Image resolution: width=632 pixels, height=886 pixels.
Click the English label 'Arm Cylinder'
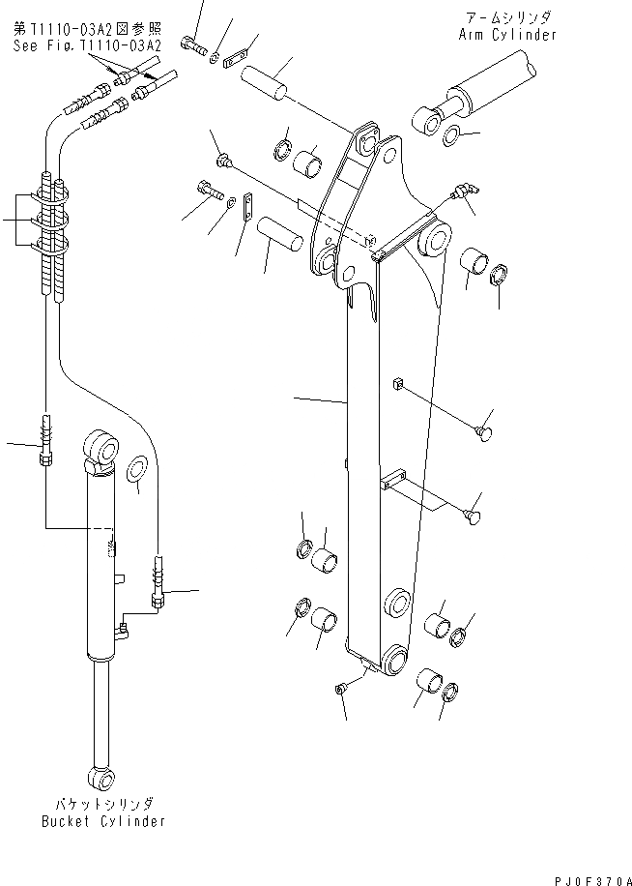(507, 35)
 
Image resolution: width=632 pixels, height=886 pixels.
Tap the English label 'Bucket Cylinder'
(102, 821)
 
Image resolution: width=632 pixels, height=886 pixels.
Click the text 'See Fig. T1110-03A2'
(87, 44)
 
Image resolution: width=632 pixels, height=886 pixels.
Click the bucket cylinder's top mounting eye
(101, 447)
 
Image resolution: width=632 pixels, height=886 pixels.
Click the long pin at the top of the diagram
(268, 80)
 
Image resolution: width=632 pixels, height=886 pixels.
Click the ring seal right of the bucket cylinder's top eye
(136, 468)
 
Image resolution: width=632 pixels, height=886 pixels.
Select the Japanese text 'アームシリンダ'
(507, 18)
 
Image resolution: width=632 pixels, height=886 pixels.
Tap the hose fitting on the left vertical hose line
(45, 440)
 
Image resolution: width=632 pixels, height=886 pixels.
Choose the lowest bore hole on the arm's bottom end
(394, 663)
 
